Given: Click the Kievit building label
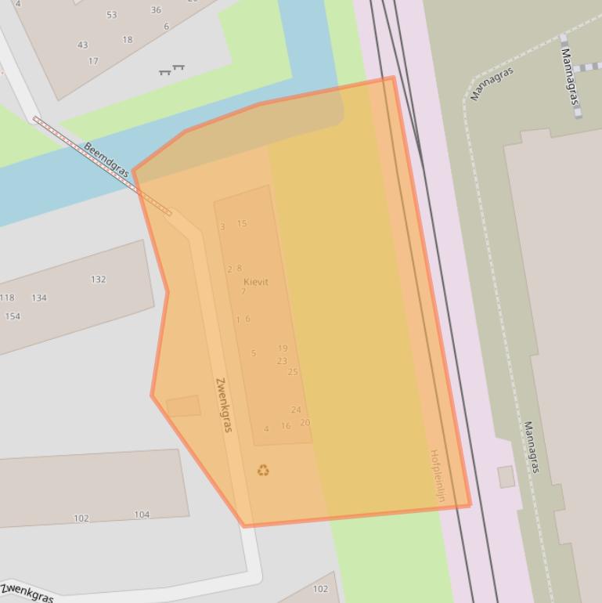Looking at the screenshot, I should pos(255,282).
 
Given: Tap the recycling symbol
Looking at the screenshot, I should pos(263,470).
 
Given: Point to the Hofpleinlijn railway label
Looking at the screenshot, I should pos(437,475).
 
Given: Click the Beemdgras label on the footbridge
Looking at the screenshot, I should pos(106,160).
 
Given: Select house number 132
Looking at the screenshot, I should pos(98,280).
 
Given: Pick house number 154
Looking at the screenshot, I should pos(13,316).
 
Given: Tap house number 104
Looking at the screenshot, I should pos(142,515).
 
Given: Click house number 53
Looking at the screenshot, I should pos(111,15).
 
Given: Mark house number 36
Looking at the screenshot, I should pos(156,10).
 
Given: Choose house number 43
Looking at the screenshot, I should pos(82,45).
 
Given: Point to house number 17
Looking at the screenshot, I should pos(93,61).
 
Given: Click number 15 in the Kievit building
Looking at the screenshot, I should pos(242,224).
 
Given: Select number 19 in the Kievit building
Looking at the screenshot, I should pos(283,348).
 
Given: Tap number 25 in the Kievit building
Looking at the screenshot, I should pos(293,372).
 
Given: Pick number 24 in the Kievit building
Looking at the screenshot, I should pos(296,410).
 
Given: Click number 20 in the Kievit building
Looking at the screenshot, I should pos(305,423).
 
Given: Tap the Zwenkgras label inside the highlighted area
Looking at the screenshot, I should pos(224,405).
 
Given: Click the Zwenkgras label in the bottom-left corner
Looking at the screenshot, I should pos(27,592).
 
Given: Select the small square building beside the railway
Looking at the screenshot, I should pos(506,476).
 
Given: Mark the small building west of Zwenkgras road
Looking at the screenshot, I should pos(183,406).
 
